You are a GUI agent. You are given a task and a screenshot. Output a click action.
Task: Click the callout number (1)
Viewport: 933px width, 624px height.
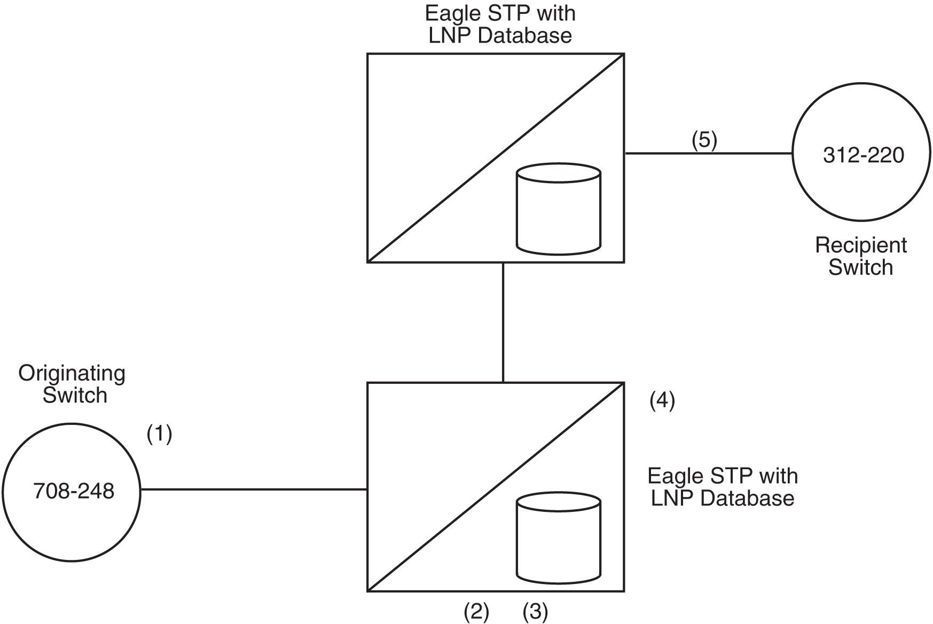coord(159,435)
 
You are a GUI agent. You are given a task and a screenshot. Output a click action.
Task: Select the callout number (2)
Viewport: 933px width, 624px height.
coord(476,612)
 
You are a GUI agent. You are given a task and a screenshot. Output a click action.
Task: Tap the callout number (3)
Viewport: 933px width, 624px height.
coord(535,612)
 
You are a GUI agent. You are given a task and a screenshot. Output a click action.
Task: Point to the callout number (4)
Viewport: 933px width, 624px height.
coord(662,400)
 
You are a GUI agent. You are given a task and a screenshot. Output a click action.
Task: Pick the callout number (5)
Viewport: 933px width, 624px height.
coord(704,140)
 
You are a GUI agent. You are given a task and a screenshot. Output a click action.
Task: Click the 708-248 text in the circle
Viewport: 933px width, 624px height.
coord(74,491)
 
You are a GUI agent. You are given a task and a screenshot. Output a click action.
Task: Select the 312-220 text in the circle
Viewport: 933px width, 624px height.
coord(863,155)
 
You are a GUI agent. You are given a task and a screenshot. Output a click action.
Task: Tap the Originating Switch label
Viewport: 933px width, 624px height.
coord(72,384)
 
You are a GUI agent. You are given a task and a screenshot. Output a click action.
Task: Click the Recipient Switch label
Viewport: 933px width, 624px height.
coord(860,256)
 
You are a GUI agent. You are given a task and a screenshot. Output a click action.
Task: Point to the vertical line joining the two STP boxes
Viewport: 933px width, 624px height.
coord(503,322)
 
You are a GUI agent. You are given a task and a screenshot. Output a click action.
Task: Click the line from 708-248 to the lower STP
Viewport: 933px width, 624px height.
coord(254,489)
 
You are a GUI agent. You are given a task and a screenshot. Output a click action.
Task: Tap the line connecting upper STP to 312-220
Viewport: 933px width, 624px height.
coord(708,153)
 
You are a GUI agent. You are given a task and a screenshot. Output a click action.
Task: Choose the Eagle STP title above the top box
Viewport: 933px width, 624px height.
coord(500,25)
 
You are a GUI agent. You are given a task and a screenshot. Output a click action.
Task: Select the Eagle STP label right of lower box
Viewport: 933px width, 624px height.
coord(722,487)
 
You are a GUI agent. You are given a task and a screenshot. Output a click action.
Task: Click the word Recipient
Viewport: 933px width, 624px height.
coord(860,246)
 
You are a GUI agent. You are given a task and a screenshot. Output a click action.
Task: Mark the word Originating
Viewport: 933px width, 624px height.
coord(72,373)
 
